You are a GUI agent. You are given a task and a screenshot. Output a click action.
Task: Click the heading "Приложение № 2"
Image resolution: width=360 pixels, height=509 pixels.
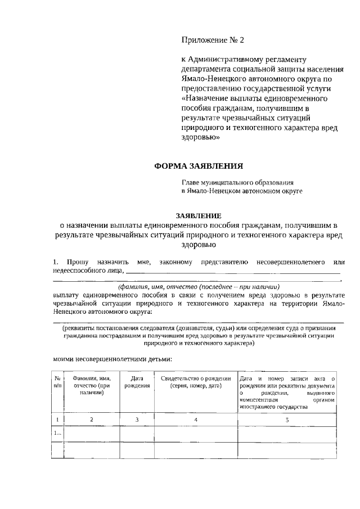click(213, 40)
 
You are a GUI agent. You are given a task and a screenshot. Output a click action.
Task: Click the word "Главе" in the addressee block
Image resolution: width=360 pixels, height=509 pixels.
click(191, 182)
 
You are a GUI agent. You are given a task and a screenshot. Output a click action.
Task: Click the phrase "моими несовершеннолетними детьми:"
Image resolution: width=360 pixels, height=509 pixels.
click(112, 358)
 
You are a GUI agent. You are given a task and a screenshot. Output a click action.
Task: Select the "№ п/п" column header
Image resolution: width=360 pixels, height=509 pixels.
click(57, 383)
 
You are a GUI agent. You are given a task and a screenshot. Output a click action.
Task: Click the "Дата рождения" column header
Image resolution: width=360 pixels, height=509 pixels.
click(137, 383)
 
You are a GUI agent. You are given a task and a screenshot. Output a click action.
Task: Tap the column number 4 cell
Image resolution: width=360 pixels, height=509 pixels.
click(195, 420)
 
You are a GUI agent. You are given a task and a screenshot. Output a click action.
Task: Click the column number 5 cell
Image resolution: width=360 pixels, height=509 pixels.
click(287, 420)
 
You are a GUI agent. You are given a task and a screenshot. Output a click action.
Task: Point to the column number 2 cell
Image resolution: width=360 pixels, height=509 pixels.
click(91, 420)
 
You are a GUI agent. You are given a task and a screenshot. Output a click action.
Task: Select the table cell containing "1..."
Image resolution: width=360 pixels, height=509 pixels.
click(57, 434)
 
